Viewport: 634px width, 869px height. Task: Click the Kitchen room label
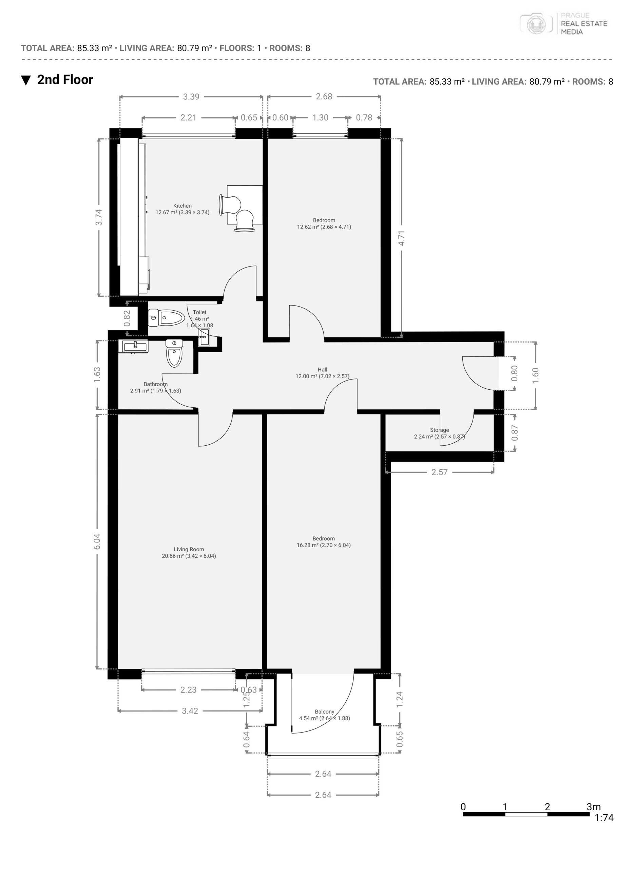182,206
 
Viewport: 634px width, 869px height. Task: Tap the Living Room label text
189,550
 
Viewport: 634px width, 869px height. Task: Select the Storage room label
439,430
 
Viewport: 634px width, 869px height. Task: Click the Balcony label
325,711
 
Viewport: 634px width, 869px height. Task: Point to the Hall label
322,370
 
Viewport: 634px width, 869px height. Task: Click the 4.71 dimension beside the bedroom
401,238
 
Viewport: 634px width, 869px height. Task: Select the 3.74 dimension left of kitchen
99,217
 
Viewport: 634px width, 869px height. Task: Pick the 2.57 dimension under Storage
439,472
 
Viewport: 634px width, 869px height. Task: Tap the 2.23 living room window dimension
188,690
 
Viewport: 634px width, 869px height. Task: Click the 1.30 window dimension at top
321,117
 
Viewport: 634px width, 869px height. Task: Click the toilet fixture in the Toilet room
167,318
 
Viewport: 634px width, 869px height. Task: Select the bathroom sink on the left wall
135,346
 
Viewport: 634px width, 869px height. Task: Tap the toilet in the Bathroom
174,353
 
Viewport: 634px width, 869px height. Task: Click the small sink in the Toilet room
204,337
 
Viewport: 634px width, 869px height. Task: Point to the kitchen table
245,205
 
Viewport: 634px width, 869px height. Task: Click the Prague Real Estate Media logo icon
537,24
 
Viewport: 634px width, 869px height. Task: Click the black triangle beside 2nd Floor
26,80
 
